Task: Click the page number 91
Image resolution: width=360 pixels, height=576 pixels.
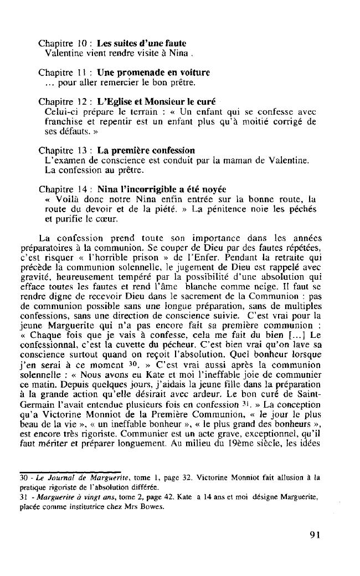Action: (x=315, y=534)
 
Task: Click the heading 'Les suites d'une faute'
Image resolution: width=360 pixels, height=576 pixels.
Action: (x=141, y=43)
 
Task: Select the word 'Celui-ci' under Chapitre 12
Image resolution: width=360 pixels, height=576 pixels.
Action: (x=59, y=112)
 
